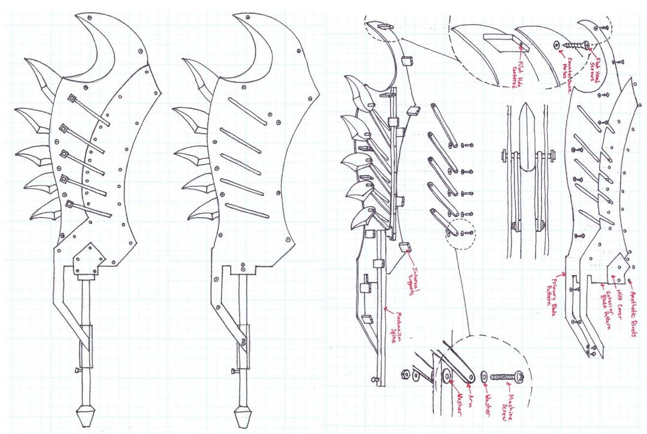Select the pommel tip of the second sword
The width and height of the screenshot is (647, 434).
[243, 415]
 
